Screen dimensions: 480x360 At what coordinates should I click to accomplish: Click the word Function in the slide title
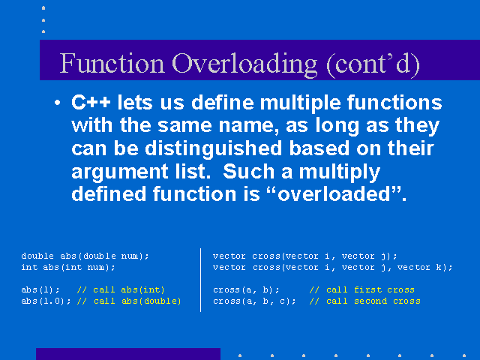112,63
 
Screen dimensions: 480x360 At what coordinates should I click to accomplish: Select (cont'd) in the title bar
373,64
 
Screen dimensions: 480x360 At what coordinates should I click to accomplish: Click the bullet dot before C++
57,103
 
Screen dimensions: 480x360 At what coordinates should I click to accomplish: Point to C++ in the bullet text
91,102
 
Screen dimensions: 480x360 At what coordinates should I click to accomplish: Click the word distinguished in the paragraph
213,149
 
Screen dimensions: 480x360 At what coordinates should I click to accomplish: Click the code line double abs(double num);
85,256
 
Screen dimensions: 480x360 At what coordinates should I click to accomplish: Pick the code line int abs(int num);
68,267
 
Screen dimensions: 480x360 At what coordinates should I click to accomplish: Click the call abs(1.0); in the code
46,301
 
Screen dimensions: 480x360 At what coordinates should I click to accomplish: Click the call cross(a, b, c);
254,301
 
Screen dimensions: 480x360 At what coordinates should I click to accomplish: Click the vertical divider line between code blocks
200,280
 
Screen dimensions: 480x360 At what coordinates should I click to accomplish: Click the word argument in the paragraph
120,172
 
